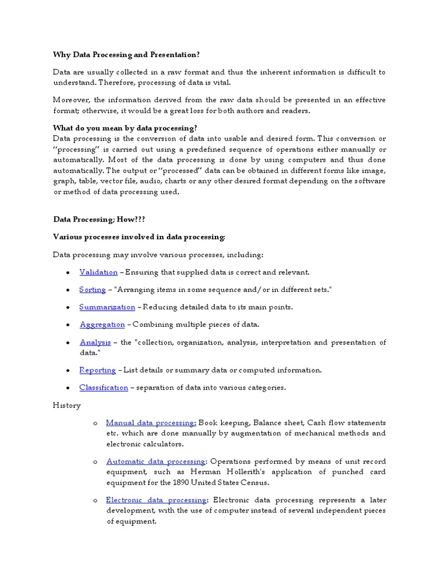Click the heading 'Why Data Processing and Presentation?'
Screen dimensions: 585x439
coord(126,55)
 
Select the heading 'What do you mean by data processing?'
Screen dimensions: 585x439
coord(125,128)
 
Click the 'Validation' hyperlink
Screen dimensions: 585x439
coord(98,273)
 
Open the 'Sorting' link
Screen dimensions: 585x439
coord(93,290)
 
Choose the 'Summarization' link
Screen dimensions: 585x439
coord(107,307)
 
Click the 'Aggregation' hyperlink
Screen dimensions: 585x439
coord(102,324)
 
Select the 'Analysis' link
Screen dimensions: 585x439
coord(95,342)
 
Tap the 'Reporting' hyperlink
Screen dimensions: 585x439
coord(97,370)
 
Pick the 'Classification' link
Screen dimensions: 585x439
coord(103,387)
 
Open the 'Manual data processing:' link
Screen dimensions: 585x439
coord(151,423)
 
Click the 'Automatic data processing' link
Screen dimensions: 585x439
coord(155,462)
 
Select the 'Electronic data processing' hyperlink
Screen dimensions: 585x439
coord(155,500)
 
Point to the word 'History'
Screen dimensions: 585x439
coord(67,406)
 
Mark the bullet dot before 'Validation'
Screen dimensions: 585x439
coord(68,273)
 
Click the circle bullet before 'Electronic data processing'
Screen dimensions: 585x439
coord(95,500)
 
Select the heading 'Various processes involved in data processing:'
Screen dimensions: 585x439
coord(139,237)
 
